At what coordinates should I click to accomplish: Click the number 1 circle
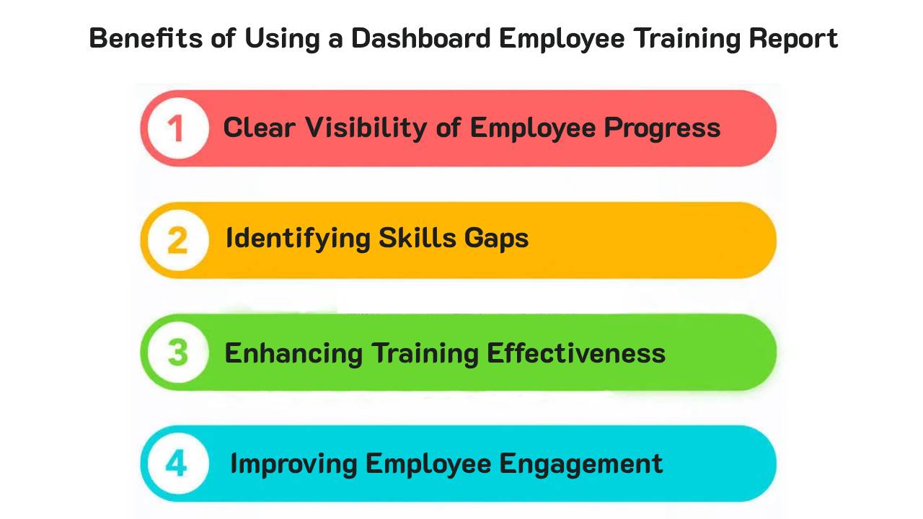(x=177, y=128)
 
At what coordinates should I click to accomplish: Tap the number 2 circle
(x=177, y=240)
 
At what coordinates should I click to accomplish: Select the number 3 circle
(x=177, y=352)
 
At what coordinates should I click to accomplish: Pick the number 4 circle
(x=177, y=464)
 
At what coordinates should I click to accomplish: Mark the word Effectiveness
(x=575, y=353)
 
